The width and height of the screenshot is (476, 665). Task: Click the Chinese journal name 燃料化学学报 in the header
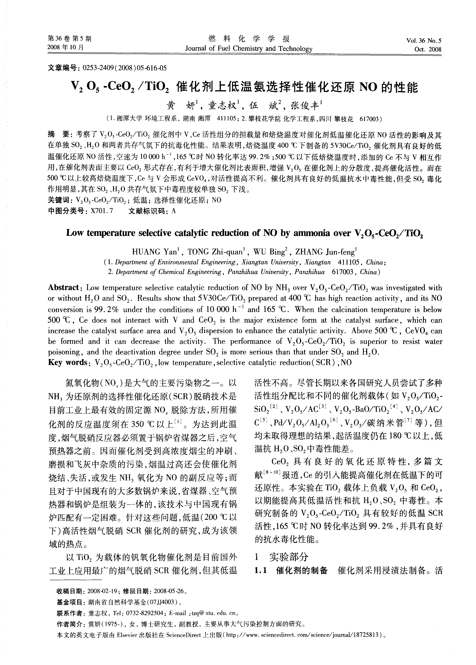pos(249,39)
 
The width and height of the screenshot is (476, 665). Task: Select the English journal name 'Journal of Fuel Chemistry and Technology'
pos(249,49)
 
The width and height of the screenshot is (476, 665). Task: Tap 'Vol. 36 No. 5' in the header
pos(424,41)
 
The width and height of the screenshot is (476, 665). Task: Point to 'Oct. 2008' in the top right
pos(428,49)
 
